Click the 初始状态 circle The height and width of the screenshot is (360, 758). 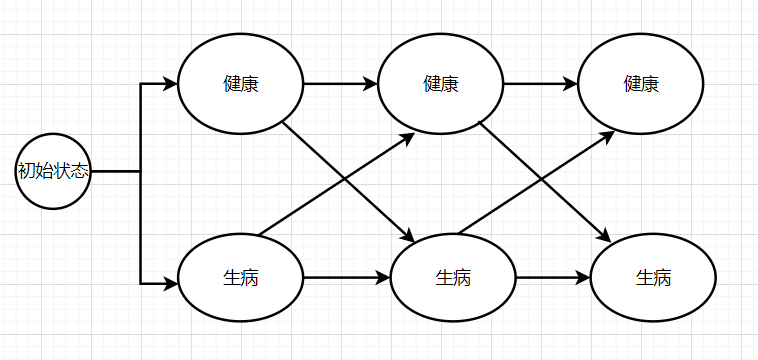[54, 171]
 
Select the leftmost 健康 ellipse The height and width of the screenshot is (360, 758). [240, 84]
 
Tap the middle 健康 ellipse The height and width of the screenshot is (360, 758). [440, 84]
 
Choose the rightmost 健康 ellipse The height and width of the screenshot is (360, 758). [641, 84]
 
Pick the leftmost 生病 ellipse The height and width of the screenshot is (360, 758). [240, 277]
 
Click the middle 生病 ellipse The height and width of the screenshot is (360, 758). [453, 277]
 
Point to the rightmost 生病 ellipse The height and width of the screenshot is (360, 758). [653, 277]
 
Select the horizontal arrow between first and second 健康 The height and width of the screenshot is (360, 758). [340, 84]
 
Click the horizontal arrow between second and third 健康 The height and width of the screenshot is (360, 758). [540, 84]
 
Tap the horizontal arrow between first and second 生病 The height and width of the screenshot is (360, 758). [346, 277]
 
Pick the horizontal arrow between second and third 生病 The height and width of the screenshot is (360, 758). [552, 277]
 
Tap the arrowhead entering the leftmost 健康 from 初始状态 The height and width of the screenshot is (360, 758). [171, 84]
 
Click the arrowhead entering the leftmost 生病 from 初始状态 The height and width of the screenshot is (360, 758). [171, 284]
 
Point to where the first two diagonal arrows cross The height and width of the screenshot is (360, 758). [346, 181]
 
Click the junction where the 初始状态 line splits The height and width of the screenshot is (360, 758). [140, 171]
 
